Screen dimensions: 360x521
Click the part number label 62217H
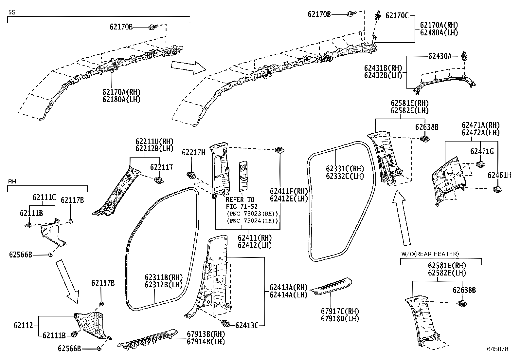(193, 152)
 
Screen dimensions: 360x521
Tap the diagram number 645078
(497, 349)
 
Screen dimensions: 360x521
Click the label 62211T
(161, 167)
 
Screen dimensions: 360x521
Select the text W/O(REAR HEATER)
(430, 254)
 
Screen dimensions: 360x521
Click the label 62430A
(440, 56)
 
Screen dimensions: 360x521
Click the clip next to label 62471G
(480, 164)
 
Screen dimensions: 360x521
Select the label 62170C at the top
(397, 15)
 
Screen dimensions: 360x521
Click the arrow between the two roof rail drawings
(188, 67)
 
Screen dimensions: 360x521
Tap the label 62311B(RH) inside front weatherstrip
(163, 277)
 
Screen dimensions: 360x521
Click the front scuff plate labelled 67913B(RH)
(147, 339)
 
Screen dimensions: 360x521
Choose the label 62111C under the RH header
(44, 198)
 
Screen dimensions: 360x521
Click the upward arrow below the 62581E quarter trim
(401, 218)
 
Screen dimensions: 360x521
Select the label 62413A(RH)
(288, 287)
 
